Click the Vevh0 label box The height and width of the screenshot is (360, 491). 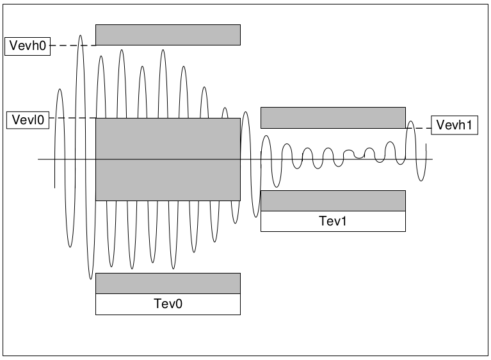27,45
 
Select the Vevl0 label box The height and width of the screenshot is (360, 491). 27,119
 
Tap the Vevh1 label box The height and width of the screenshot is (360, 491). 455,126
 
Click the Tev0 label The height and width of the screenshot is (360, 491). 168,304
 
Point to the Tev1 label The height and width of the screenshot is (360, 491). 333,221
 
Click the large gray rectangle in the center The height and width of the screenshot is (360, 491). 168,159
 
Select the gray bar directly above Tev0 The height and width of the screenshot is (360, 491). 168,283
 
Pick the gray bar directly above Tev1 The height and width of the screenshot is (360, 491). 333,200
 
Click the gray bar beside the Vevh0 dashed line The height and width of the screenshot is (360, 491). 168,35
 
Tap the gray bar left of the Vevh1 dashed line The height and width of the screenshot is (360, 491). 333,117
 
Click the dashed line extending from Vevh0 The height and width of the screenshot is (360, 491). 72,45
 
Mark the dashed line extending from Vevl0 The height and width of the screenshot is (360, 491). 72,119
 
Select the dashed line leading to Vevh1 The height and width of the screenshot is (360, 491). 419,128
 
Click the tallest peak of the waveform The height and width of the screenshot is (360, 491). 81,36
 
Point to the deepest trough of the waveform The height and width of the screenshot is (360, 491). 91,279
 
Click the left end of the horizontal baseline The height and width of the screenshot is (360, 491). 39,159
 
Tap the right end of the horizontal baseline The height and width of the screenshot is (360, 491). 433,159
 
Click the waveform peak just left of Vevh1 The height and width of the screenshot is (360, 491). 412,122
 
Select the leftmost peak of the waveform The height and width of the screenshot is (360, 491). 60,89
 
